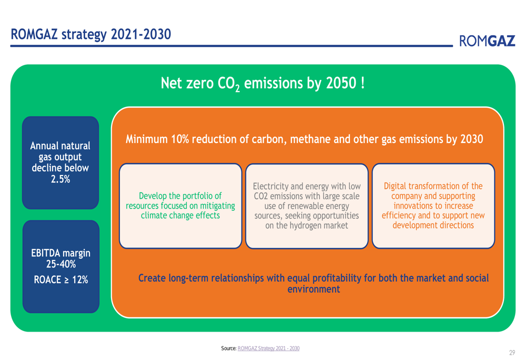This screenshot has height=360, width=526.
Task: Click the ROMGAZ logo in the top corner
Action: pyautogui.click(x=487, y=41)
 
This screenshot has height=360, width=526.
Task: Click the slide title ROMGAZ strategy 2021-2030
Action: pyautogui.click(x=91, y=35)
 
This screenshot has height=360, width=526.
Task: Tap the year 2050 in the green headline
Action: pyautogui.click(x=341, y=83)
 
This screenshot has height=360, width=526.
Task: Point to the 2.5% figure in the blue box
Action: pyautogui.click(x=60, y=179)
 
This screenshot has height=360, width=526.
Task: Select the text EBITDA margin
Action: pyautogui.click(x=60, y=253)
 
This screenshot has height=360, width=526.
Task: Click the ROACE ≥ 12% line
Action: pyautogui.click(x=60, y=280)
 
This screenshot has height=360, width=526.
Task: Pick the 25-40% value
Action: pyautogui.click(x=60, y=264)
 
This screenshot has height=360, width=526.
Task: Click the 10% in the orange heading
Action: pyautogui.click(x=180, y=139)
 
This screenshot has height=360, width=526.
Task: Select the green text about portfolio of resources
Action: pyautogui.click(x=180, y=205)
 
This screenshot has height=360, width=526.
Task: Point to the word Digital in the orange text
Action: pyautogui.click(x=395, y=186)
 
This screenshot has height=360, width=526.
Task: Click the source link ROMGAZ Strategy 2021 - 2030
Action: pyautogui.click(x=268, y=348)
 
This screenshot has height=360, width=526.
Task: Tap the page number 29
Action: pyautogui.click(x=512, y=353)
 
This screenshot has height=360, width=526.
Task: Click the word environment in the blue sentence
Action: pyautogui.click(x=313, y=289)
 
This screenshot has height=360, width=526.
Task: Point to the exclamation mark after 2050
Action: pyautogui.click(x=362, y=83)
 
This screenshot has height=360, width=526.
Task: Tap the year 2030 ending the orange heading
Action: pyautogui.click(x=472, y=139)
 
